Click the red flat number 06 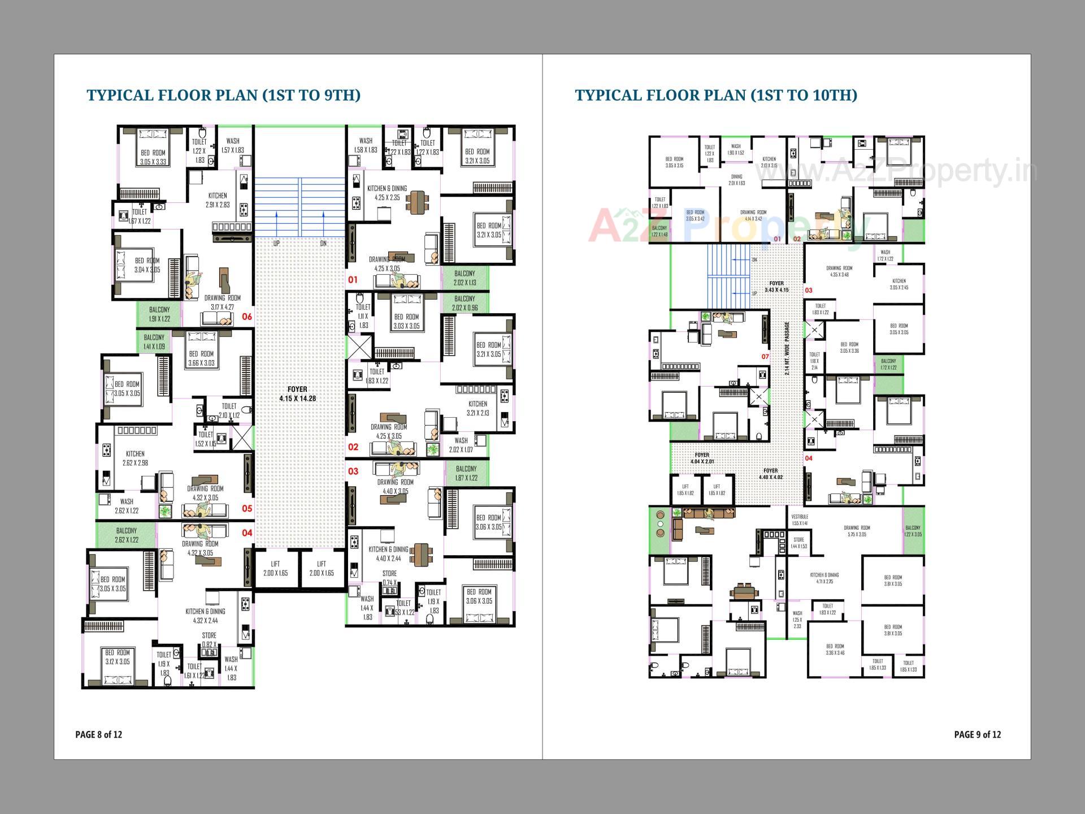click(x=247, y=317)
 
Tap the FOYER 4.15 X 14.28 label click(x=297, y=394)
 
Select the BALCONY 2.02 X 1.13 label click(x=465, y=278)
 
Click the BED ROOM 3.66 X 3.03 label click(x=201, y=358)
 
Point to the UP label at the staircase click(x=276, y=244)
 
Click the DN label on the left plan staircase click(x=323, y=244)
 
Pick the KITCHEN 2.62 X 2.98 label click(x=135, y=458)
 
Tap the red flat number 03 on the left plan click(x=353, y=471)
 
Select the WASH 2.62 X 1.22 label click(x=127, y=506)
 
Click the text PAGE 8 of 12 click(x=99, y=734)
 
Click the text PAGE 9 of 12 click(x=977, y=734)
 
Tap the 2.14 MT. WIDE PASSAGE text click(x=787, y=349)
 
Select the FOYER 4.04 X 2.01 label click(x=702, y=458)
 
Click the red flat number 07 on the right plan click(x=765, y=357)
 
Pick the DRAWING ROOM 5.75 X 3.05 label click(x=857, y=531)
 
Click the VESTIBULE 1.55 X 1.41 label click(x=800, y=519)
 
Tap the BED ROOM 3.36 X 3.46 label click(x=835, y=650)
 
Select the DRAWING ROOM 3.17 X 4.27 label click(x=222, y=302)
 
